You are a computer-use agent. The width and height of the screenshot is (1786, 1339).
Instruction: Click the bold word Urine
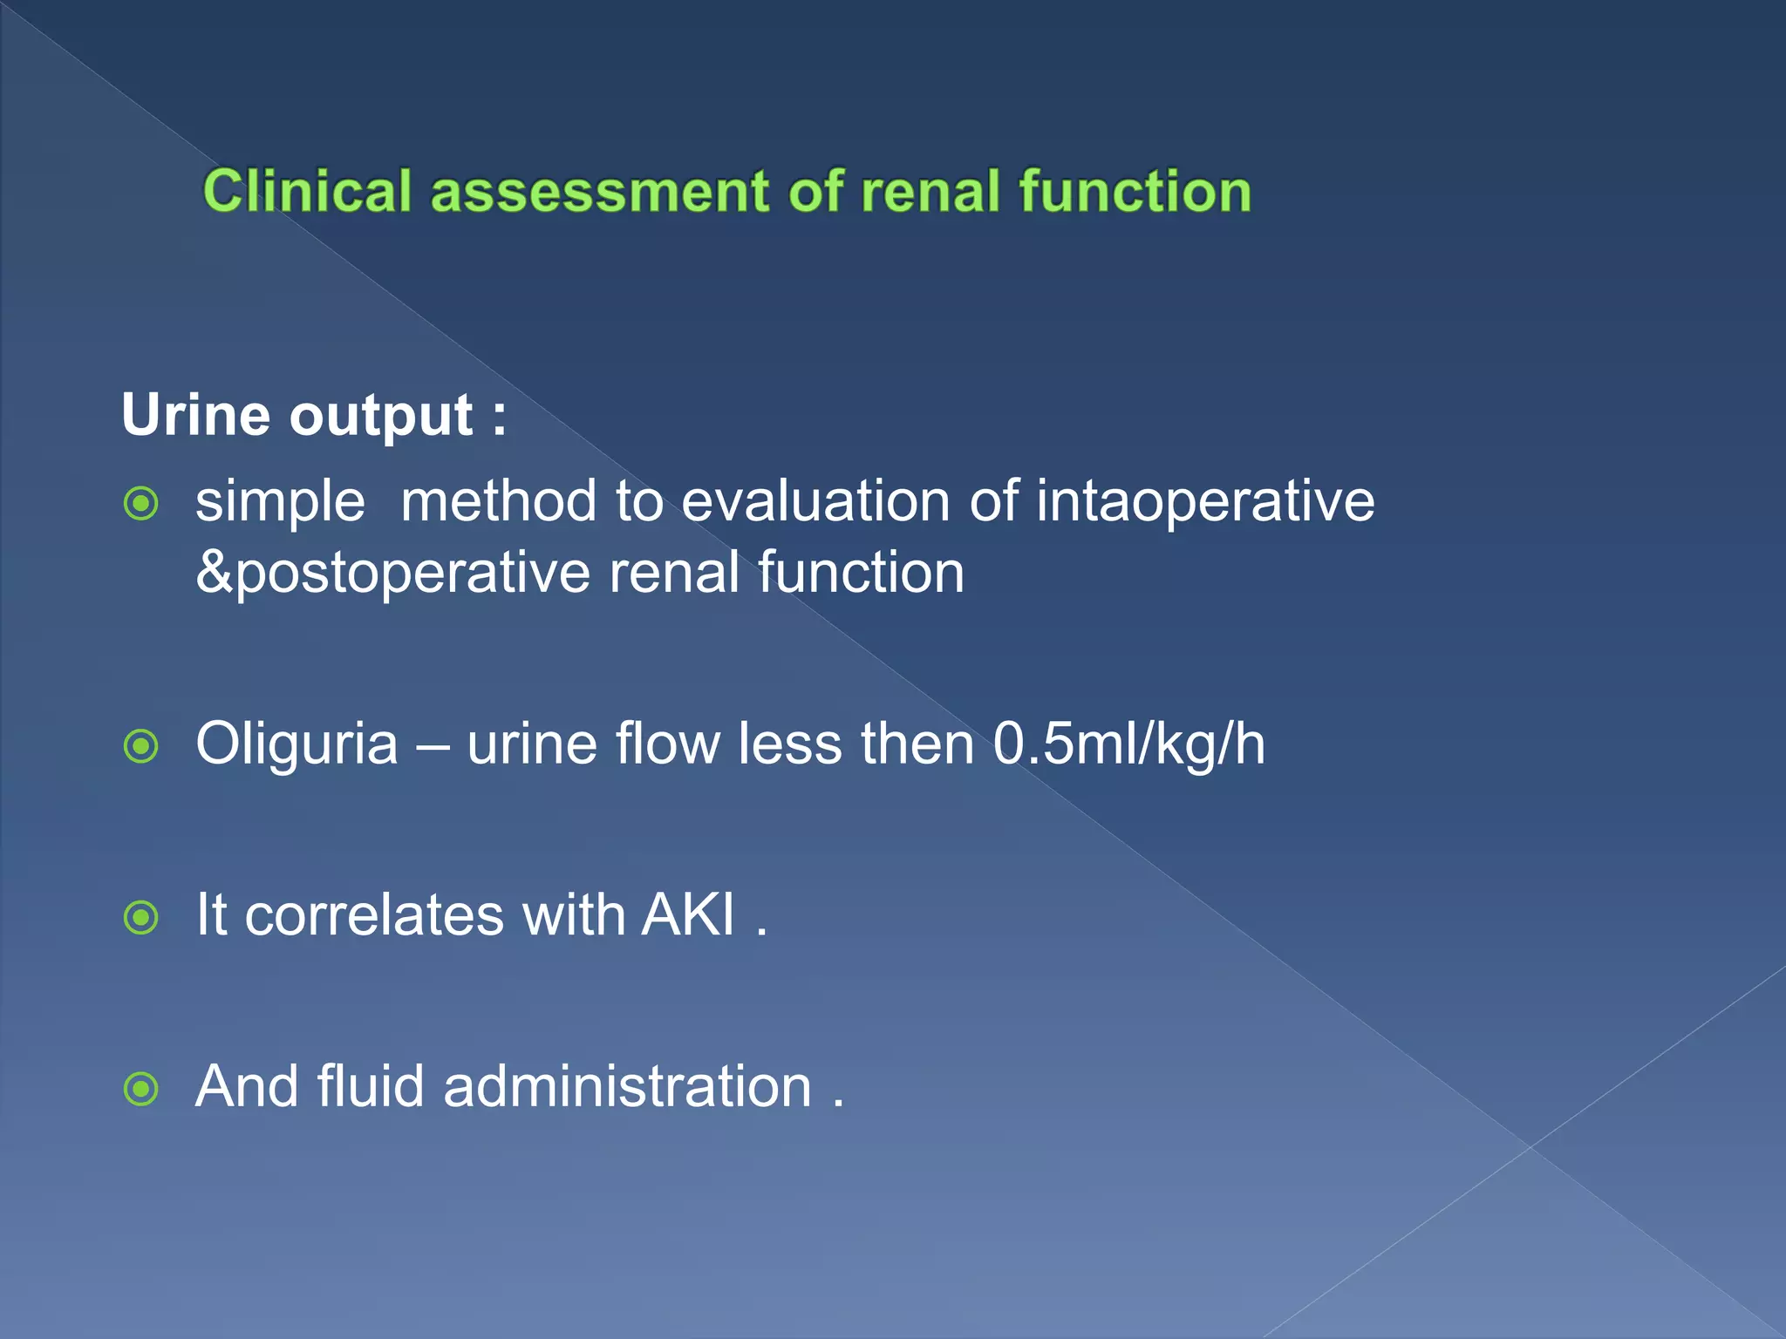[195, 414]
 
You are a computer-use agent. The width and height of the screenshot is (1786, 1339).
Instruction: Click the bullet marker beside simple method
[141, 503]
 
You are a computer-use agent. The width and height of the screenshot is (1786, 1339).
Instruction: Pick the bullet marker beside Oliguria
[141, 746]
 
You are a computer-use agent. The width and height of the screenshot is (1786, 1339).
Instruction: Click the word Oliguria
[297, 744]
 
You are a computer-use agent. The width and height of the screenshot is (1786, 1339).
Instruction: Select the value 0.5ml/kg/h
[1128, 744]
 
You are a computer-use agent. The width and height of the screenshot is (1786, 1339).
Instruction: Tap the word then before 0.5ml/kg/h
[917, 744]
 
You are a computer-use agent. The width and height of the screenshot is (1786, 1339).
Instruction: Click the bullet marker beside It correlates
[141, 917]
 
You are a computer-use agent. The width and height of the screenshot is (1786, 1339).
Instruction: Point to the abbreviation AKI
[688, 914]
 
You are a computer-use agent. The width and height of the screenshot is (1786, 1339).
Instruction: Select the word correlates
[374, 914]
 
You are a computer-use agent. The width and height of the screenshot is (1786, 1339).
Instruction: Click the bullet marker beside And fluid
[141, 1088]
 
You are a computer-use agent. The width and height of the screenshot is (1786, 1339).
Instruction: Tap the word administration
[627, 1086]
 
